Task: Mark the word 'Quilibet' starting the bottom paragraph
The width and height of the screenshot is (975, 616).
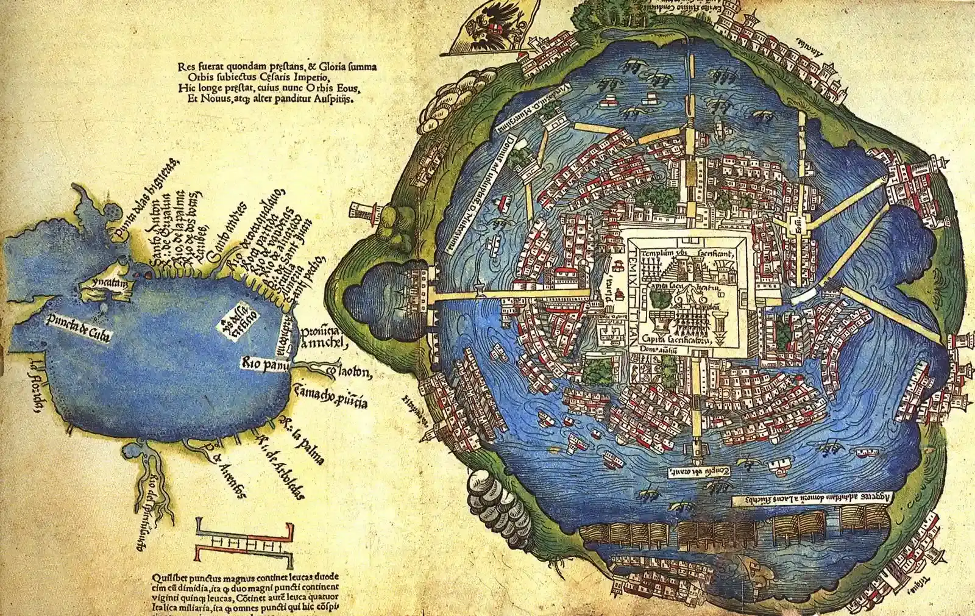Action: coord(167,576)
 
